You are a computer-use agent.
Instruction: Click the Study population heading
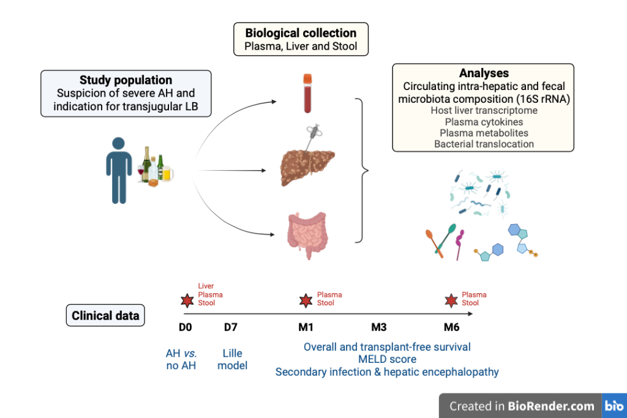(126, 80)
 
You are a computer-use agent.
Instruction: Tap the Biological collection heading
(300, 32)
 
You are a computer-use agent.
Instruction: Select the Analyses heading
(484, 73)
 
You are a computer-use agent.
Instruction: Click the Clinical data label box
(105, 316)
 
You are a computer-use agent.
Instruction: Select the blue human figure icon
(119, 170)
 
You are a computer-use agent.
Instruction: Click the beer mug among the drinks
(167, 174)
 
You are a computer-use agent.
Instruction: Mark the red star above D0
(186, 300)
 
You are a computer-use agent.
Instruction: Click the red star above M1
(305, 300)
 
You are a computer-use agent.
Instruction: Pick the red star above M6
(451, 300)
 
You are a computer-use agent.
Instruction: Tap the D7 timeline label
(230, 327)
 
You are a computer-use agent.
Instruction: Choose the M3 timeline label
(379, 327)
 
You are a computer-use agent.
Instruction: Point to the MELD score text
(387, 359)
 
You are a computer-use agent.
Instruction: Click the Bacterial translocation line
(484, 144)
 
